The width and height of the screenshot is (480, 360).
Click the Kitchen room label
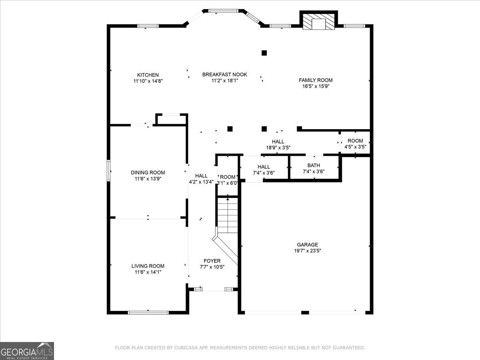[x=148, y=75]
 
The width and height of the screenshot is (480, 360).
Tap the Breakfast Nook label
[x=224, y=74]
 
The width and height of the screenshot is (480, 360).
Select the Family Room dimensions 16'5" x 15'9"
[x=316, y=86]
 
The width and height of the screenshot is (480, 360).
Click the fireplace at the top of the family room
[x=318, y=22]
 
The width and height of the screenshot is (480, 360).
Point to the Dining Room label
[x=148, y=172]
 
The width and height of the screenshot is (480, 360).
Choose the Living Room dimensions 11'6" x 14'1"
[x=148, y=272]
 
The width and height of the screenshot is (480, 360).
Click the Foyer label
[x=212, y=261]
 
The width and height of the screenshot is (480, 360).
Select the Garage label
[x=307, y=244]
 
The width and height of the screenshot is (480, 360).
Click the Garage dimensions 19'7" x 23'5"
[x=307, y=251]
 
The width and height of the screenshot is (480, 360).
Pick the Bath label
[x=314, y=165]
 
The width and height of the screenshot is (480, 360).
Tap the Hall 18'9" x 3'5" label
[x=278, y=144]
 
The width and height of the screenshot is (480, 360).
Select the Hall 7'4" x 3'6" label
[x=264, y=170]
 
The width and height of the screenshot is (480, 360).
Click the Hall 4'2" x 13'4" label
[x=201, y=178]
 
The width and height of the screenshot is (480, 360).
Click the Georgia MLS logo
[x=27, y=351]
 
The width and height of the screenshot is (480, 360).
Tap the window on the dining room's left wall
[x=108, y=171]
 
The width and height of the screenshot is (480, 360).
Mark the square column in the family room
[x=264, y=53]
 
